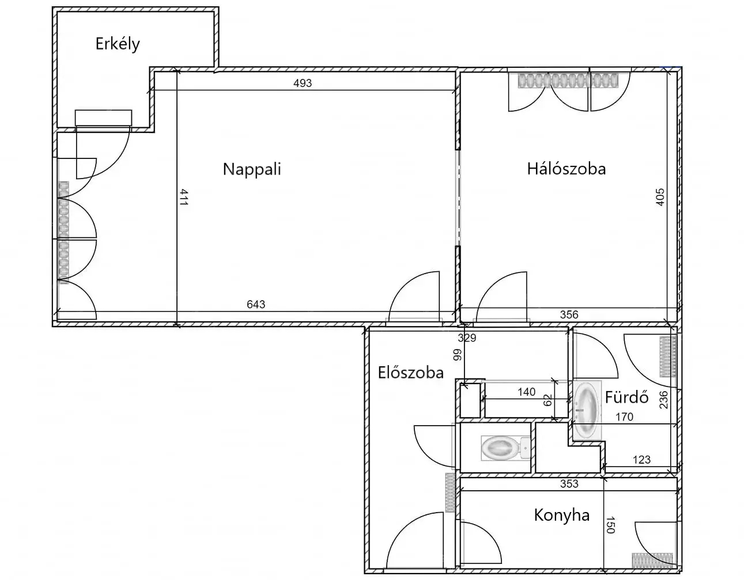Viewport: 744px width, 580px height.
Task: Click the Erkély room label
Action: coord(118,44)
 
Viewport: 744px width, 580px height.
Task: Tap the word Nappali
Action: coord(252,169)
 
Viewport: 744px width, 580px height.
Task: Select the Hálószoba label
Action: coord(567,169)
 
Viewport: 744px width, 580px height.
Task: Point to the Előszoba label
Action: coord(410,373)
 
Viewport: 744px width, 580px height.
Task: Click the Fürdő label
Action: coord(626,397)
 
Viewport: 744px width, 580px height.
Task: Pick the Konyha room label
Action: coord(562,515)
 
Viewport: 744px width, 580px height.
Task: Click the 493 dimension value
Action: coord(303,83)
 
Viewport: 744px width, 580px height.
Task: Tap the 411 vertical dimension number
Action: coord(184,197)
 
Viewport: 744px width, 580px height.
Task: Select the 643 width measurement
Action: coord(256,304)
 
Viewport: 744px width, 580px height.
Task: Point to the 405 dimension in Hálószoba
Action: coord(660,197)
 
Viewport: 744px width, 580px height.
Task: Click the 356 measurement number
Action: coord(569,314)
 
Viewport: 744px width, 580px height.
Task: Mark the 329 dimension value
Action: coord(467,338)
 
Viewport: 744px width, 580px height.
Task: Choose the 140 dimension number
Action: coord(527,392)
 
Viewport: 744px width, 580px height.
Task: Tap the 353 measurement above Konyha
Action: coord(569,483)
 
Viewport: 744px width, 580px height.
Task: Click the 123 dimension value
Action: coord(641,460)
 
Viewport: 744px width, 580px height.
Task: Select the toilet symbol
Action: coord(505,448)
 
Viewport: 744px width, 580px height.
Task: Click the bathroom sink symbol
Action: coord(587,410)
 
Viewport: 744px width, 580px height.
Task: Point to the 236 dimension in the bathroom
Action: coord(663,400)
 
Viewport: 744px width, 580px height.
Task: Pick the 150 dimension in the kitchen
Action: coord(610,526)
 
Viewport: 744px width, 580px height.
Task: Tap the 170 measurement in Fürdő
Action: coord(624,417)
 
